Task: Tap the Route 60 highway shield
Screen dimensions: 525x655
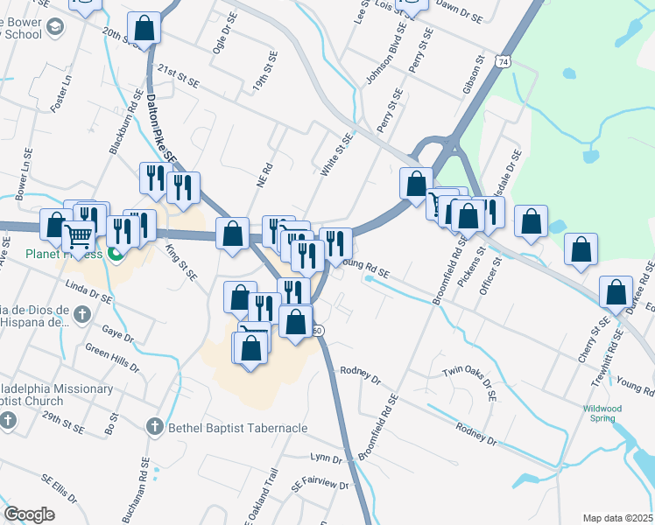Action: [x=319, y=330]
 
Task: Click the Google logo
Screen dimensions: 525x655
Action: [x=29, y=514]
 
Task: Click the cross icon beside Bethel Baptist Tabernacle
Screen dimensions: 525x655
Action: [x=154, y=427]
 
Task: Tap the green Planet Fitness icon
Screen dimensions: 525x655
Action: [x=115, y=255]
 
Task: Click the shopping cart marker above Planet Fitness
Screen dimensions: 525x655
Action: [x=79, y=236]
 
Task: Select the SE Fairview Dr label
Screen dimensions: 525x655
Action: [x=320, y=483]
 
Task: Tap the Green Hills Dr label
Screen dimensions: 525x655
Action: [x=110, y=360]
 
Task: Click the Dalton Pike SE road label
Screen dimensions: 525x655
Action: [x=162, y=128]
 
